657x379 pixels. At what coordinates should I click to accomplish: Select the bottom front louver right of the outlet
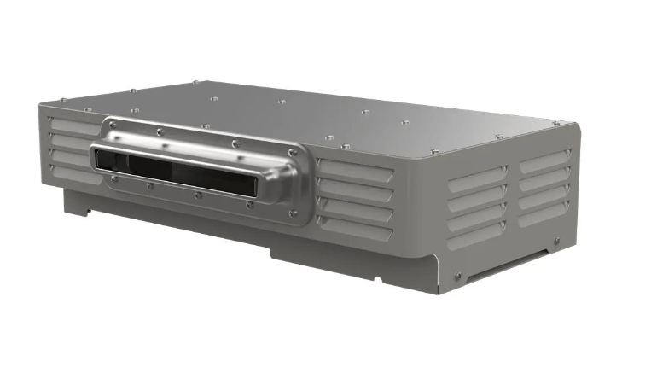coord(354,232)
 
